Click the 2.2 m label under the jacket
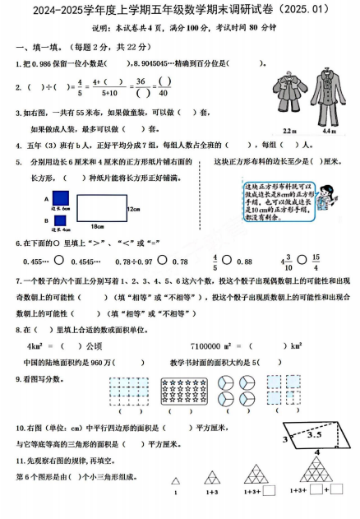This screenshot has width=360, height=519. [289, 130]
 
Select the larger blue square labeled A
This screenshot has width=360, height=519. [59, 198]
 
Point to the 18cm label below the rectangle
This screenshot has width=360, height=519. [97, 225]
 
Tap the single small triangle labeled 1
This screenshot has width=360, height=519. [175, 481]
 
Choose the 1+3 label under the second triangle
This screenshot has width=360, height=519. [212, 492]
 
